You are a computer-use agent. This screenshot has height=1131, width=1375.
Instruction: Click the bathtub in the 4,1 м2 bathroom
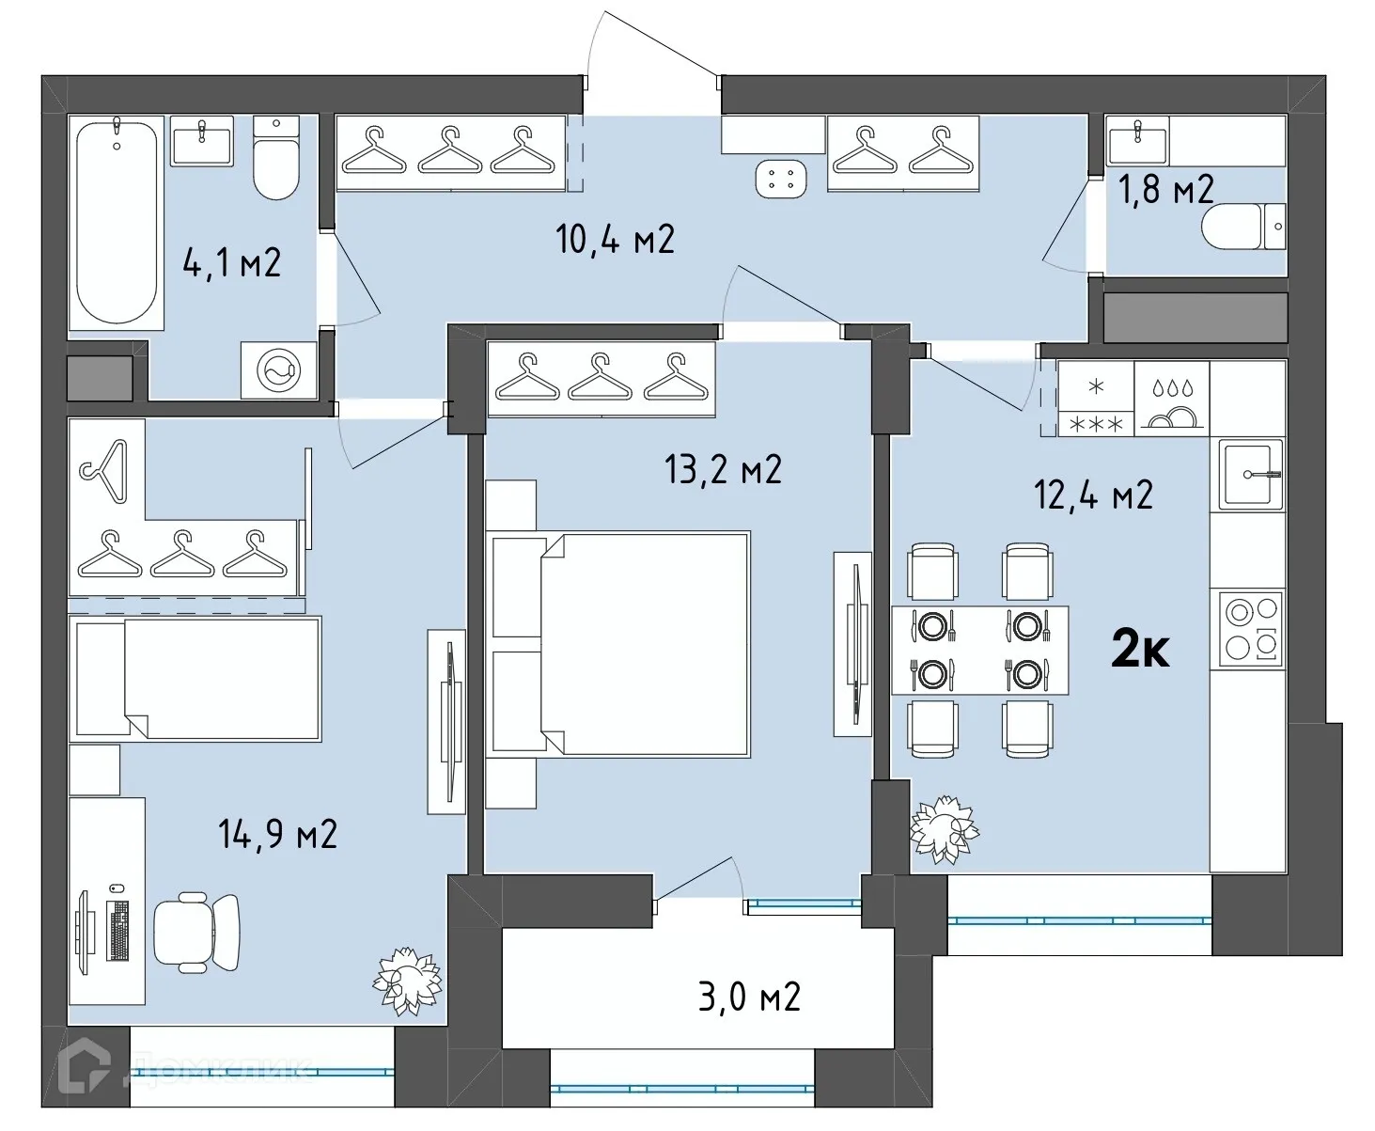click(x=116, y=223)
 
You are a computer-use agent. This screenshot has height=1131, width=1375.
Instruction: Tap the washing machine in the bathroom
click(x=279, y=369)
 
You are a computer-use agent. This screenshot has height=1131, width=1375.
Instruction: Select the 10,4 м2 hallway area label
click(x=615, y=240)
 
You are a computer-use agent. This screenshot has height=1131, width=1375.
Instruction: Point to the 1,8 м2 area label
click(x=1165, y=189)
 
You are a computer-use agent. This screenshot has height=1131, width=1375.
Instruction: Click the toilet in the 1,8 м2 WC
click(x=1242, y=227)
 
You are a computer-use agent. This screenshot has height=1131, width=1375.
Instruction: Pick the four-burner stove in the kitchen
click(x=1248, y=629)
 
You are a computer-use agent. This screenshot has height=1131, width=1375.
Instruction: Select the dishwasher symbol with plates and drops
click(x=1172, y=399)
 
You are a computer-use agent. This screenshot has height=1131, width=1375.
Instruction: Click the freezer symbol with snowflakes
click(x=1096, y=399)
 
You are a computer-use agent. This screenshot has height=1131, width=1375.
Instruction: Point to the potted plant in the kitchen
click(x=944, y=829)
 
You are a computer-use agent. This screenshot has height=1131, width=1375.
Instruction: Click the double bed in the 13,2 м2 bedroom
click(x=618, y=644)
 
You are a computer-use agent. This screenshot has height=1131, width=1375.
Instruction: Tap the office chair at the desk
click(x=196, y=933)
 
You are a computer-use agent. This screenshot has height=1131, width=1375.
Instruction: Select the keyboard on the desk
click(x=117, y=930)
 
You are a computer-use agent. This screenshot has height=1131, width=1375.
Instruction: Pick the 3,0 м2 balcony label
click(x=749, y=997)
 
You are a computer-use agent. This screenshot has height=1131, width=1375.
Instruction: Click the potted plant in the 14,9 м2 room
click(x=407, y=981)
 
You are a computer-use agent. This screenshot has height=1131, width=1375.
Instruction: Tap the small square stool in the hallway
click(x=781, y=179)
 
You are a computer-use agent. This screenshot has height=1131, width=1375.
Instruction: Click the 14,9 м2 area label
click(x=278, y=834)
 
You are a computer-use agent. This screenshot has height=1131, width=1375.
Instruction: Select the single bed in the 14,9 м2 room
click(x=195, y=679)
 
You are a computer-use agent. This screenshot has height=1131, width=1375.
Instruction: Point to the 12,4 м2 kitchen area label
click(x=1093, y=494)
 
